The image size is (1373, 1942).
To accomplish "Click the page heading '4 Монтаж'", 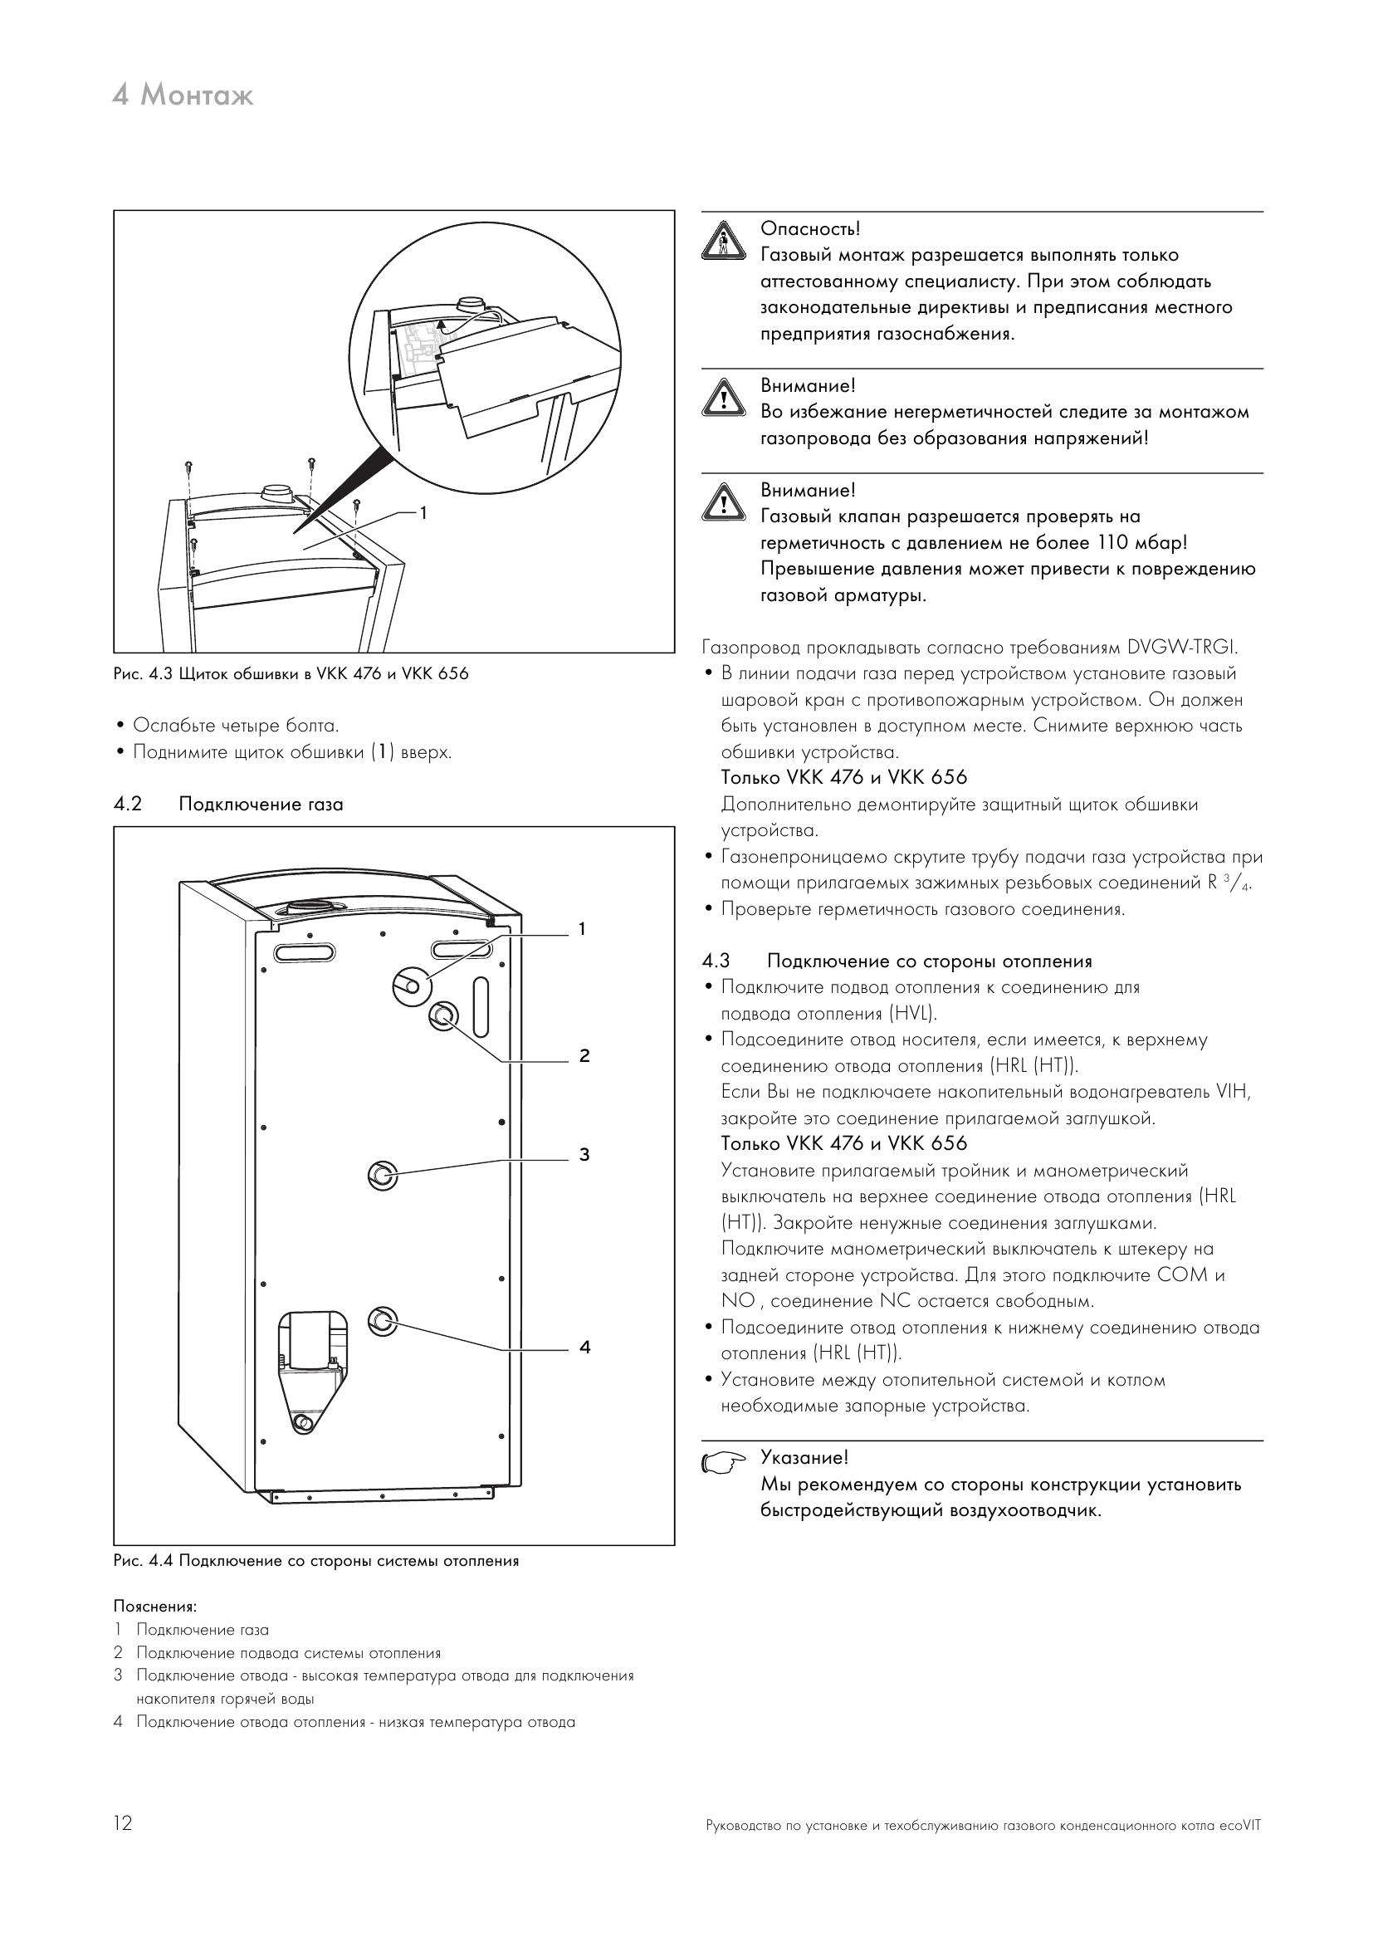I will (183, 95).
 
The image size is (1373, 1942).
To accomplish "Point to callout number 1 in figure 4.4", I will (582, 930).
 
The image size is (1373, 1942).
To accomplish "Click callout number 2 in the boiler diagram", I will (584, 1055).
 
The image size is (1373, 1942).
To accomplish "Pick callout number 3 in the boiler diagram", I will (584, 1155).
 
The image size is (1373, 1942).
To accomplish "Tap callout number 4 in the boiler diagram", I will (584, 1348).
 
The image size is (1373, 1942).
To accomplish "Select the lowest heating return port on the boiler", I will (382, 1320).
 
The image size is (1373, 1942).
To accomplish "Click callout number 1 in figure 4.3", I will (423, 512).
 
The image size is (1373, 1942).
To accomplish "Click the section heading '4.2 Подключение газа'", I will (228, 805).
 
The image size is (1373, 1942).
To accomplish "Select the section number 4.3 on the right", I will (716, 961).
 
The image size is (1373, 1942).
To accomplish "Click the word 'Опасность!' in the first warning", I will (810, 228).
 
